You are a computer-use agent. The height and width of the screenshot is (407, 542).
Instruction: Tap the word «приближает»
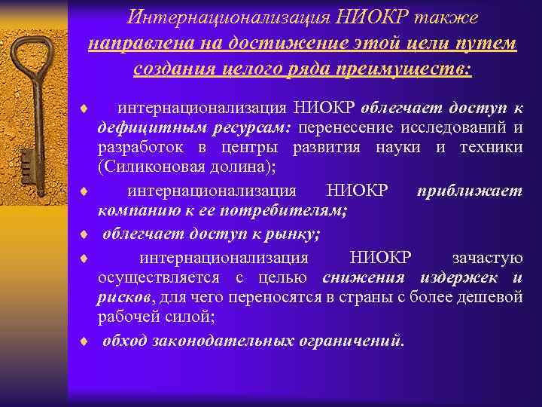(468, 191)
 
